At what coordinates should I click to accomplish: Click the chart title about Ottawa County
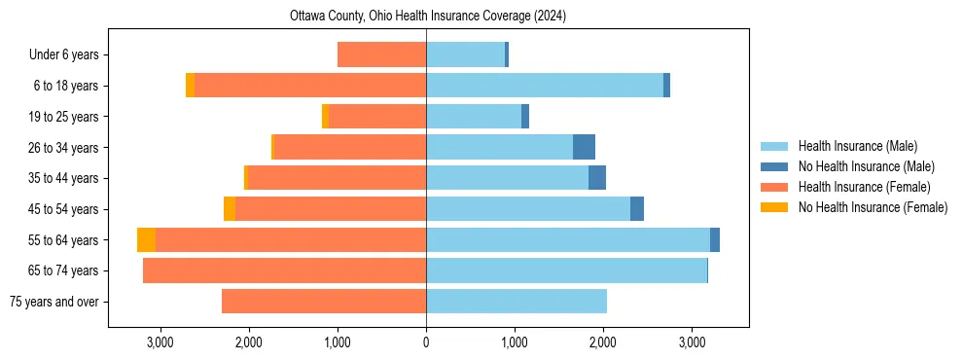428,17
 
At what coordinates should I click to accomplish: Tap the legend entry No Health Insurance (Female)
873,207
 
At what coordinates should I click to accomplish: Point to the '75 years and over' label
54,302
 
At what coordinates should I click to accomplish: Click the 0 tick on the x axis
426,342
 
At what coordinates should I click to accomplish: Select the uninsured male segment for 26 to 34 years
584,147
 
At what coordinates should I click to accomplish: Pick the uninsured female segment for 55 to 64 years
146,239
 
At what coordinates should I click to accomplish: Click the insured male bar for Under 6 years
465,54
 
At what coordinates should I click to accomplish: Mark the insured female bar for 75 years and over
324,301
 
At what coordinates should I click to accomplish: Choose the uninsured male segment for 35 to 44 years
597,178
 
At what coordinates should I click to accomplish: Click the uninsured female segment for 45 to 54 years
230,209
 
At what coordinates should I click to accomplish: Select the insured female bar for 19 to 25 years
377,117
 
